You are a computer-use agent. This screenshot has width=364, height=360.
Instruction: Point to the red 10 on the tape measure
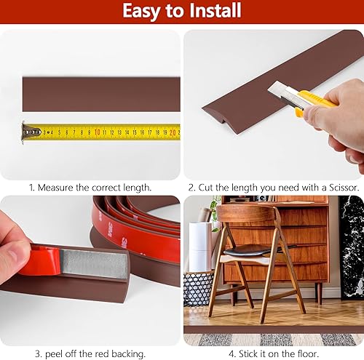(x=97, y=132)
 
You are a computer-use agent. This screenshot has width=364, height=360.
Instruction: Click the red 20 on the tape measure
(x=173, y=132)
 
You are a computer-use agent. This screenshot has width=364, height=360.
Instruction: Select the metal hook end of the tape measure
(x=30, y=132)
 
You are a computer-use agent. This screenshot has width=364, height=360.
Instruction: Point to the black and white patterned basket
(x=197, y=288)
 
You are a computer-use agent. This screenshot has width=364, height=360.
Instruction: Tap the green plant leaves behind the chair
(x=214, y=211)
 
